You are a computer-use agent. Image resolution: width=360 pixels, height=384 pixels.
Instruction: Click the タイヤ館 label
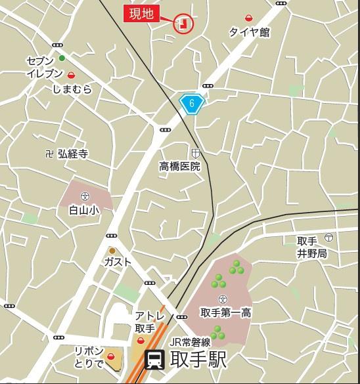pyautogui.click(x=249, y=32)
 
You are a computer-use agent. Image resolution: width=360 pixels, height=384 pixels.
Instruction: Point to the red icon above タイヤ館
pyautogui.click(x=249, y=18)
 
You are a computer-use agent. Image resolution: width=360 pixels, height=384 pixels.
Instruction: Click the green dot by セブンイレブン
pyautogui.click(x=62, y=58)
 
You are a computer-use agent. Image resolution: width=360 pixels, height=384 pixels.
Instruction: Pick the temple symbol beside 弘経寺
pyautogui.click(x=48, y=154)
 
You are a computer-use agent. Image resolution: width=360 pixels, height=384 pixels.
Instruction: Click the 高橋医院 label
pyautogui.click(x=179, y=167)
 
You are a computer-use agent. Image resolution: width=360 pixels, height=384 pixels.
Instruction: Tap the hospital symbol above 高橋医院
pyautogui.click(x=195, y=152)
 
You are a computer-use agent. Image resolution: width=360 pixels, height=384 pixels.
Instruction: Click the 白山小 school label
pyautogui.click(x=83, y=211)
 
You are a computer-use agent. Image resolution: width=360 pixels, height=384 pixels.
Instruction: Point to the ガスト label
pyautogui.click(x=118, y=262)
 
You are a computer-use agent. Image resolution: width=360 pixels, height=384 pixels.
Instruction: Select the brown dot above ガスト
pyautogui.click(x=112, y=250)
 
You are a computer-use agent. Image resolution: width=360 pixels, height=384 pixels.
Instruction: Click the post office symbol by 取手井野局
pyautogui.click(x=328, y=236)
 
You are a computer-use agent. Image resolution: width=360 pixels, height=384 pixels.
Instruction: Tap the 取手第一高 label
pyautogui.click(x=225, y=312)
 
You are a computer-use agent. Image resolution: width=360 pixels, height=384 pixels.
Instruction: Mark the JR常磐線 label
pyautogui.click(x=189, y=341)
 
